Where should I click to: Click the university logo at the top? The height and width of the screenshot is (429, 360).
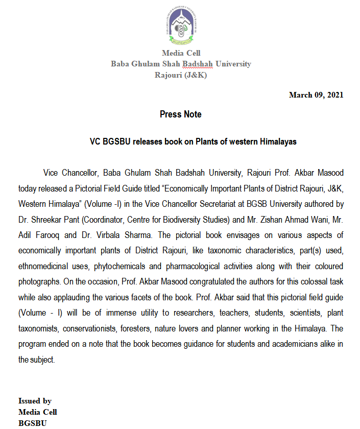point(181,27)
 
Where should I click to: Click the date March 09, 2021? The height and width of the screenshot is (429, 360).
point(316,94)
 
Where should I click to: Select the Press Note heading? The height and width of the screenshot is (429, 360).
point(180,114)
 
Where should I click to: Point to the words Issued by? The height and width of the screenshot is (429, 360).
point(35,401)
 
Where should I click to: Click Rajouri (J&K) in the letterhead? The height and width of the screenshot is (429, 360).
point(181,75)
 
